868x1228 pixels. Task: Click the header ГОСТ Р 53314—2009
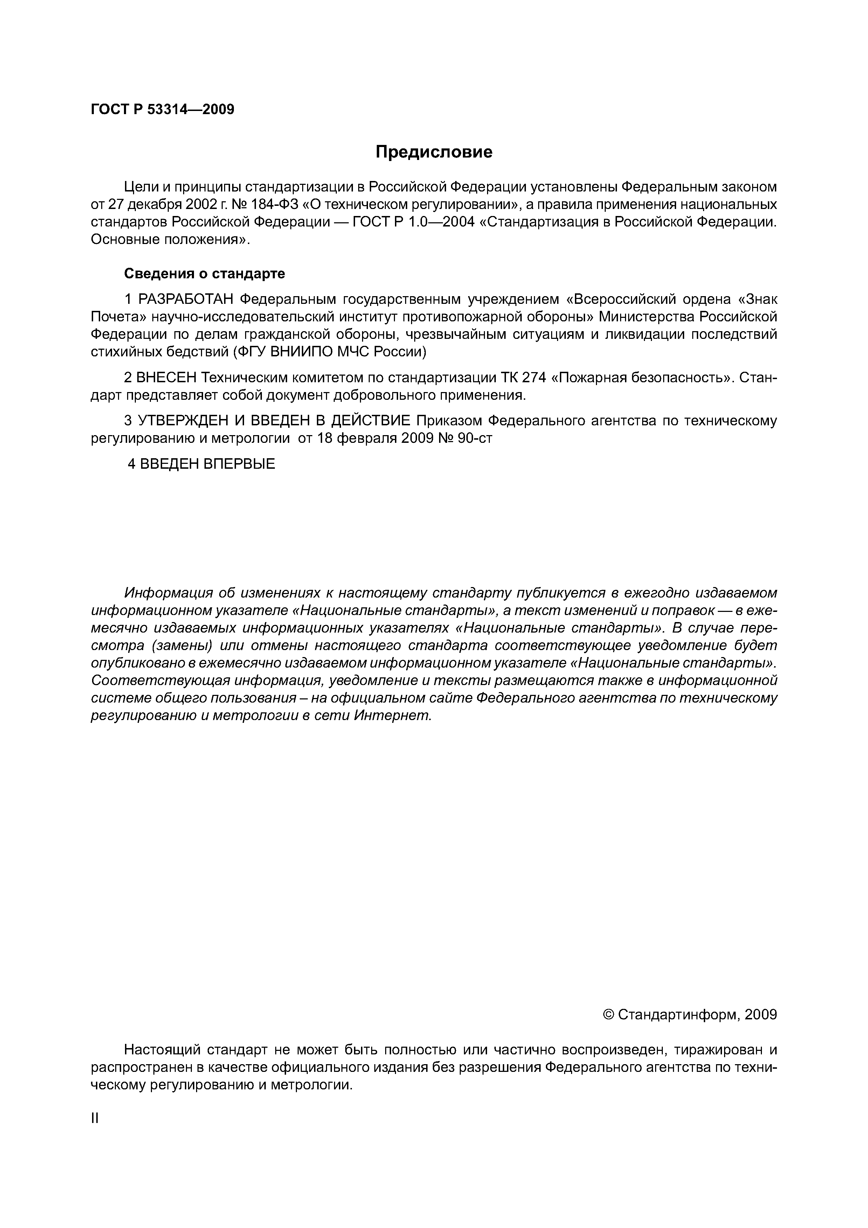[162, 110]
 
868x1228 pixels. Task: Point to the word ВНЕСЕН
[167, 378]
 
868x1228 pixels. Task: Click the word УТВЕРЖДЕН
[181, 420]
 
